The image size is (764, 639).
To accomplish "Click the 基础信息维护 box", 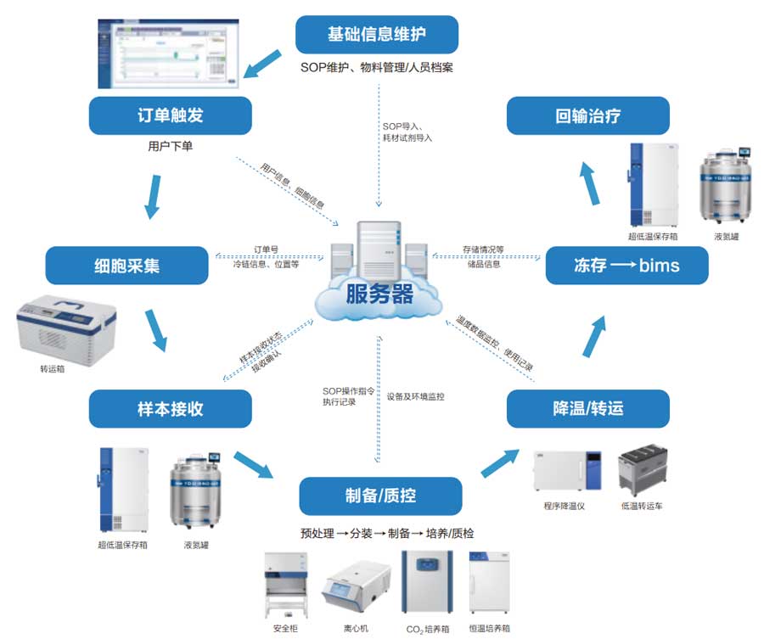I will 377,35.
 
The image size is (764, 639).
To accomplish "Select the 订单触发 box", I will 170,115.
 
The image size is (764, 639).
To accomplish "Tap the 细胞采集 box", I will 126,266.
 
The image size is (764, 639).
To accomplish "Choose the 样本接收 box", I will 170,408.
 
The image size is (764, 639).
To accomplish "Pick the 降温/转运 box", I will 588,408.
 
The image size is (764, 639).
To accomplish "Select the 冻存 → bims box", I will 626,266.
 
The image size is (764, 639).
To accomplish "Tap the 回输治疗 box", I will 587,115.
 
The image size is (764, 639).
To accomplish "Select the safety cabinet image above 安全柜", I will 285,586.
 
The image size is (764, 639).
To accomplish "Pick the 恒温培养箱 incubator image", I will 492,585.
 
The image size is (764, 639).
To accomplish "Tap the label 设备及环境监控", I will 416,396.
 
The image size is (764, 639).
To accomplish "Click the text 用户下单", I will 170,146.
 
